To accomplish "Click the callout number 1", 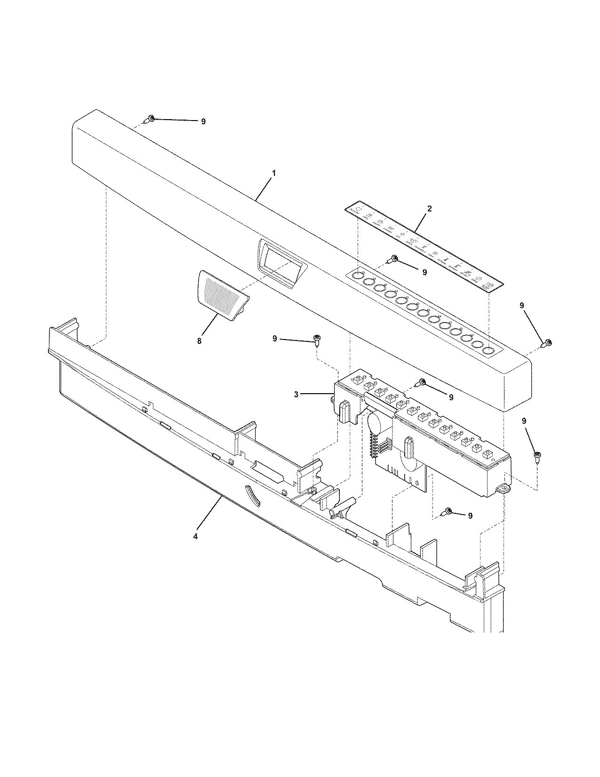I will [274, 173].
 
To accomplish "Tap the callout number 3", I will [296, 394].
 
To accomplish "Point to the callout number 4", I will [196, 536].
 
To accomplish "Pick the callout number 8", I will [199, 340].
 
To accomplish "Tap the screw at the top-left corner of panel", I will [150, 118].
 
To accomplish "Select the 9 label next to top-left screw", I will [203, 121].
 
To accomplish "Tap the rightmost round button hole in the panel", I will [488, 350].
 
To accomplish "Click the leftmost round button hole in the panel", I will [359, 275].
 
